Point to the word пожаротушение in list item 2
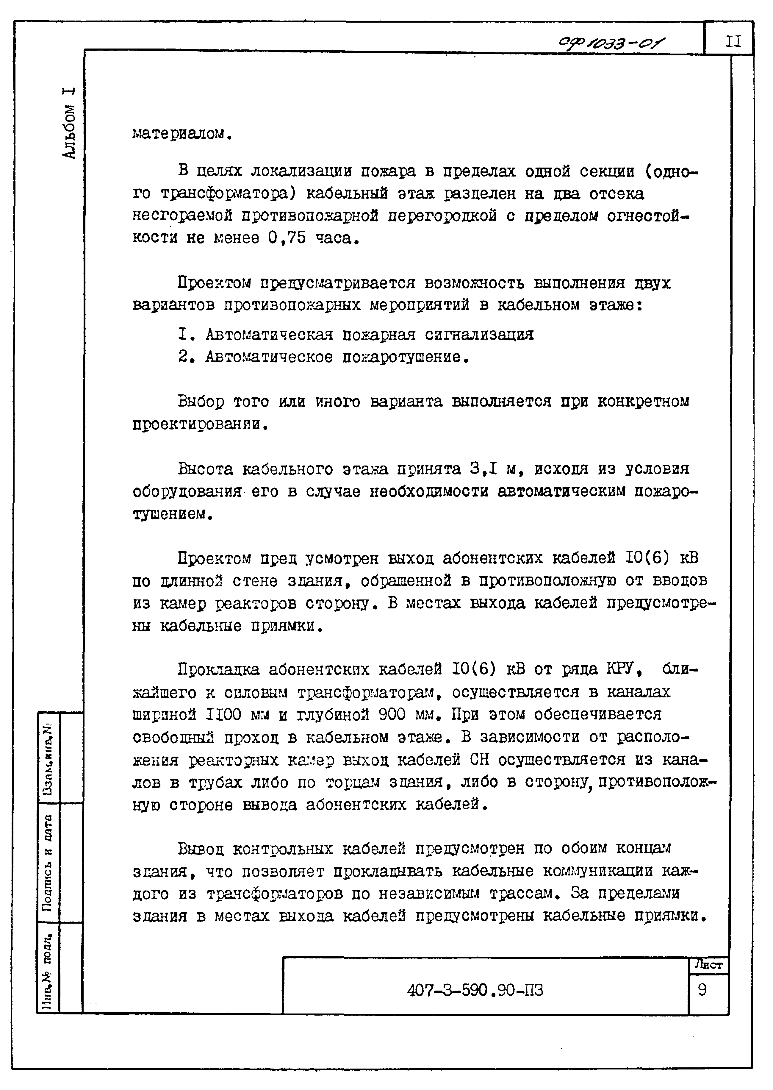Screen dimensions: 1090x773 pos(402,357)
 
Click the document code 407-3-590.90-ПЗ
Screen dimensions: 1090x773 pos(475,991)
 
